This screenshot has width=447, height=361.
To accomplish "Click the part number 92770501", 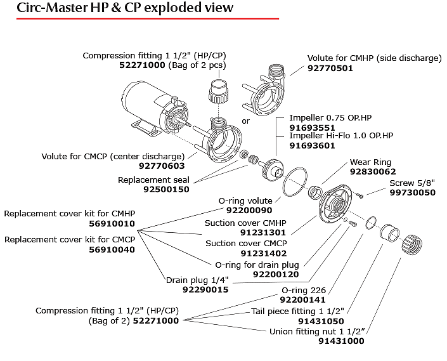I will (330, 69).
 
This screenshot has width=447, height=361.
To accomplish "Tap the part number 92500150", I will (166, 189).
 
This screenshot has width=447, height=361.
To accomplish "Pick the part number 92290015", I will (205, 289).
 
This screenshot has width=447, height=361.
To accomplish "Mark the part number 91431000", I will (341, 341).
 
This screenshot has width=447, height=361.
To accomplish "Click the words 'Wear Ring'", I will (370, 162).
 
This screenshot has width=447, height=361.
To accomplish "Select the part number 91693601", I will (312, 145).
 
